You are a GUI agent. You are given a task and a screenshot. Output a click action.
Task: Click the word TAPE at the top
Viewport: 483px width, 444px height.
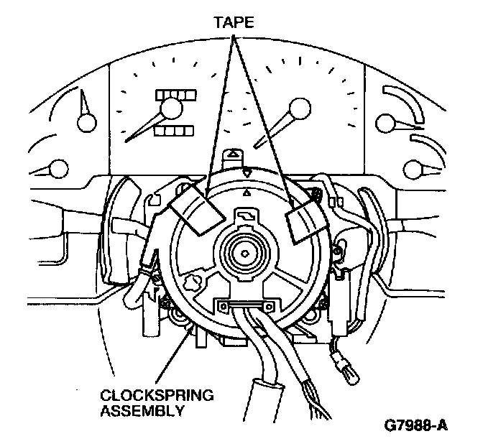pos(234,22)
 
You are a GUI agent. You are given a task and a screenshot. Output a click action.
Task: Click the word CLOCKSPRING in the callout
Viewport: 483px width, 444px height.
pos(157,395)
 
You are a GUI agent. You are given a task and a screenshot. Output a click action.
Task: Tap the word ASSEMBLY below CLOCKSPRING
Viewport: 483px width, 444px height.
pos(142,410)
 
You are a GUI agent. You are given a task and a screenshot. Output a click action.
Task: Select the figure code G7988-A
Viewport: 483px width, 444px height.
pos(415,425)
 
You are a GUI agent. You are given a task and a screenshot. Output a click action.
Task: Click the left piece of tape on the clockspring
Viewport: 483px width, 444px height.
pos(197,210)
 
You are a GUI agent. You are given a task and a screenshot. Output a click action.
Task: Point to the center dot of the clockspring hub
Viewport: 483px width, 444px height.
pos(245,254)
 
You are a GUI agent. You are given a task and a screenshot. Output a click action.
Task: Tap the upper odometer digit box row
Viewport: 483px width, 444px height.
pos(176,95)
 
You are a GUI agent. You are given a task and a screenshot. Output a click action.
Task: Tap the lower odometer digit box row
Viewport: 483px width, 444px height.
pos(174,131)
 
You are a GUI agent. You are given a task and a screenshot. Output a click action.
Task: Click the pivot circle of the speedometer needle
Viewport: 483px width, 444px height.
pos(171,108)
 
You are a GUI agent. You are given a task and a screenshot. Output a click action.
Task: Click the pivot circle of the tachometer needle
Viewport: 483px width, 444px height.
pos(300,108)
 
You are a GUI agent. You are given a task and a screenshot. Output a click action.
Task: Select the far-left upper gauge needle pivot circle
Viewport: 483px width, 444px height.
pos(87,122)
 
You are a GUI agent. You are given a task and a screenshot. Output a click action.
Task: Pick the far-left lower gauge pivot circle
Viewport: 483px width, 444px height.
pos(58,169)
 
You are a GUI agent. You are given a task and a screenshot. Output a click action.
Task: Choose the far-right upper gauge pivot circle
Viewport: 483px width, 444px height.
pos(385,124)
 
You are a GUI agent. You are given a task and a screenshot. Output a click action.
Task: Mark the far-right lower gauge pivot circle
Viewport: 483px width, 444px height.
pos(413,170)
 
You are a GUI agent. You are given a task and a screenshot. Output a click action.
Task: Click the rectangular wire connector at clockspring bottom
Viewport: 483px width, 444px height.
pos(246,306)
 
